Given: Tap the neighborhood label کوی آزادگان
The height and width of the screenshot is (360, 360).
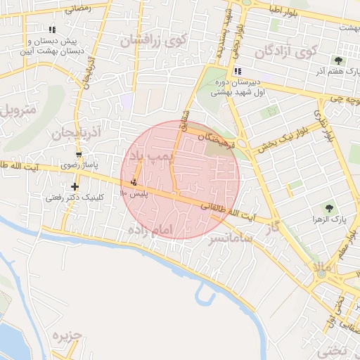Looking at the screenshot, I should tap(287, 51).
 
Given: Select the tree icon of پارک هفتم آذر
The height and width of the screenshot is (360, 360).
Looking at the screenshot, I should tap(339, 61).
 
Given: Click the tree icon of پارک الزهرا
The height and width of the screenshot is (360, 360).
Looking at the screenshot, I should tap(328, 207).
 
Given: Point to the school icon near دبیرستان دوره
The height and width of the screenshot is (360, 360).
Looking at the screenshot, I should tap(237, 70).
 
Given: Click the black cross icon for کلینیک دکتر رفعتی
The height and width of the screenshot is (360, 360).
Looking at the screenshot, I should tap(75, 186).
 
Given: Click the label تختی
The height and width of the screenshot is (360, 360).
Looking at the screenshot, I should tap(330, 349).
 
